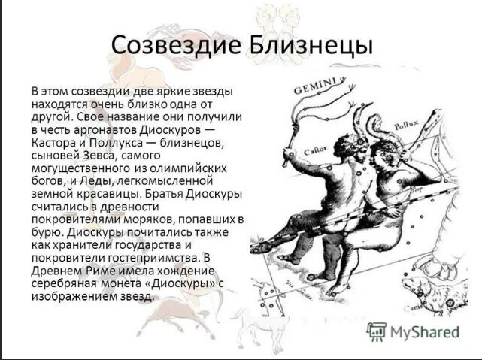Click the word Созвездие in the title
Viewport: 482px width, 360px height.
176,45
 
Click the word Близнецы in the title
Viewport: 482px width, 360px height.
311,46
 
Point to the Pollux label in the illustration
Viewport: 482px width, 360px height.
407,126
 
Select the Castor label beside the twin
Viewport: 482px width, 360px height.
316,150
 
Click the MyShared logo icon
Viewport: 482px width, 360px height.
376,331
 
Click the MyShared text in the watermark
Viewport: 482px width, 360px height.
425,331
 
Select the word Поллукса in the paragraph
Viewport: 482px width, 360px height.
116,144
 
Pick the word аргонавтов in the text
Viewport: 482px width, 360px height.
105,131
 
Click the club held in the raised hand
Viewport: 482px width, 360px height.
291,140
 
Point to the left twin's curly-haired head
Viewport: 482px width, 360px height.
352,144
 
